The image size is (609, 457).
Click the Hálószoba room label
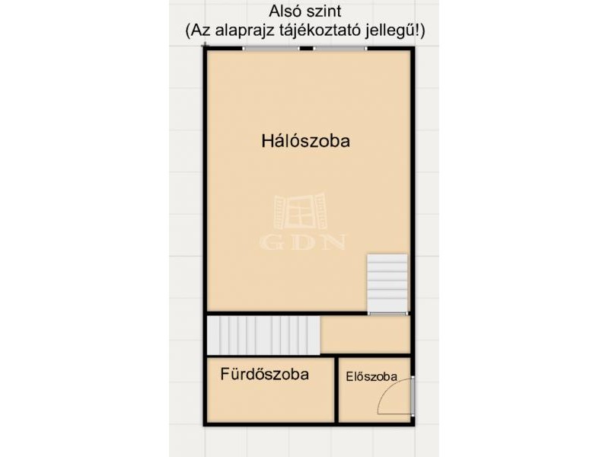[x=305, y=141]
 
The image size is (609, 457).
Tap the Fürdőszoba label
[x=264, y=374]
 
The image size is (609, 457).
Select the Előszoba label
[x=371, y=376]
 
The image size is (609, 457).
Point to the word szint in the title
[x=323, y=11]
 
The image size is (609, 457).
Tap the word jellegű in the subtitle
[x=390, y=31]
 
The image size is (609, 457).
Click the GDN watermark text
[x=302, y=241]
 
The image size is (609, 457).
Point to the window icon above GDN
[x=300, y=212]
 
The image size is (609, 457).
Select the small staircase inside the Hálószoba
[x=387, y=283]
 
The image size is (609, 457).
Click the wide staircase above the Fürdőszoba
[x=263, y=335]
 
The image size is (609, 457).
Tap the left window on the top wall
[x=271, y=49]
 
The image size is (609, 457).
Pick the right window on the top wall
[x=340, y=49]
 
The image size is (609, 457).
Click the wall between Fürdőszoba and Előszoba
[x=336, y=390]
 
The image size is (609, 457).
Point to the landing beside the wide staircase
[x=365, y=334]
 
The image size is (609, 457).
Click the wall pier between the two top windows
[x=307, y=49]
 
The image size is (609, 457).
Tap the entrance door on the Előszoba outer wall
[x=413, y=395]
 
